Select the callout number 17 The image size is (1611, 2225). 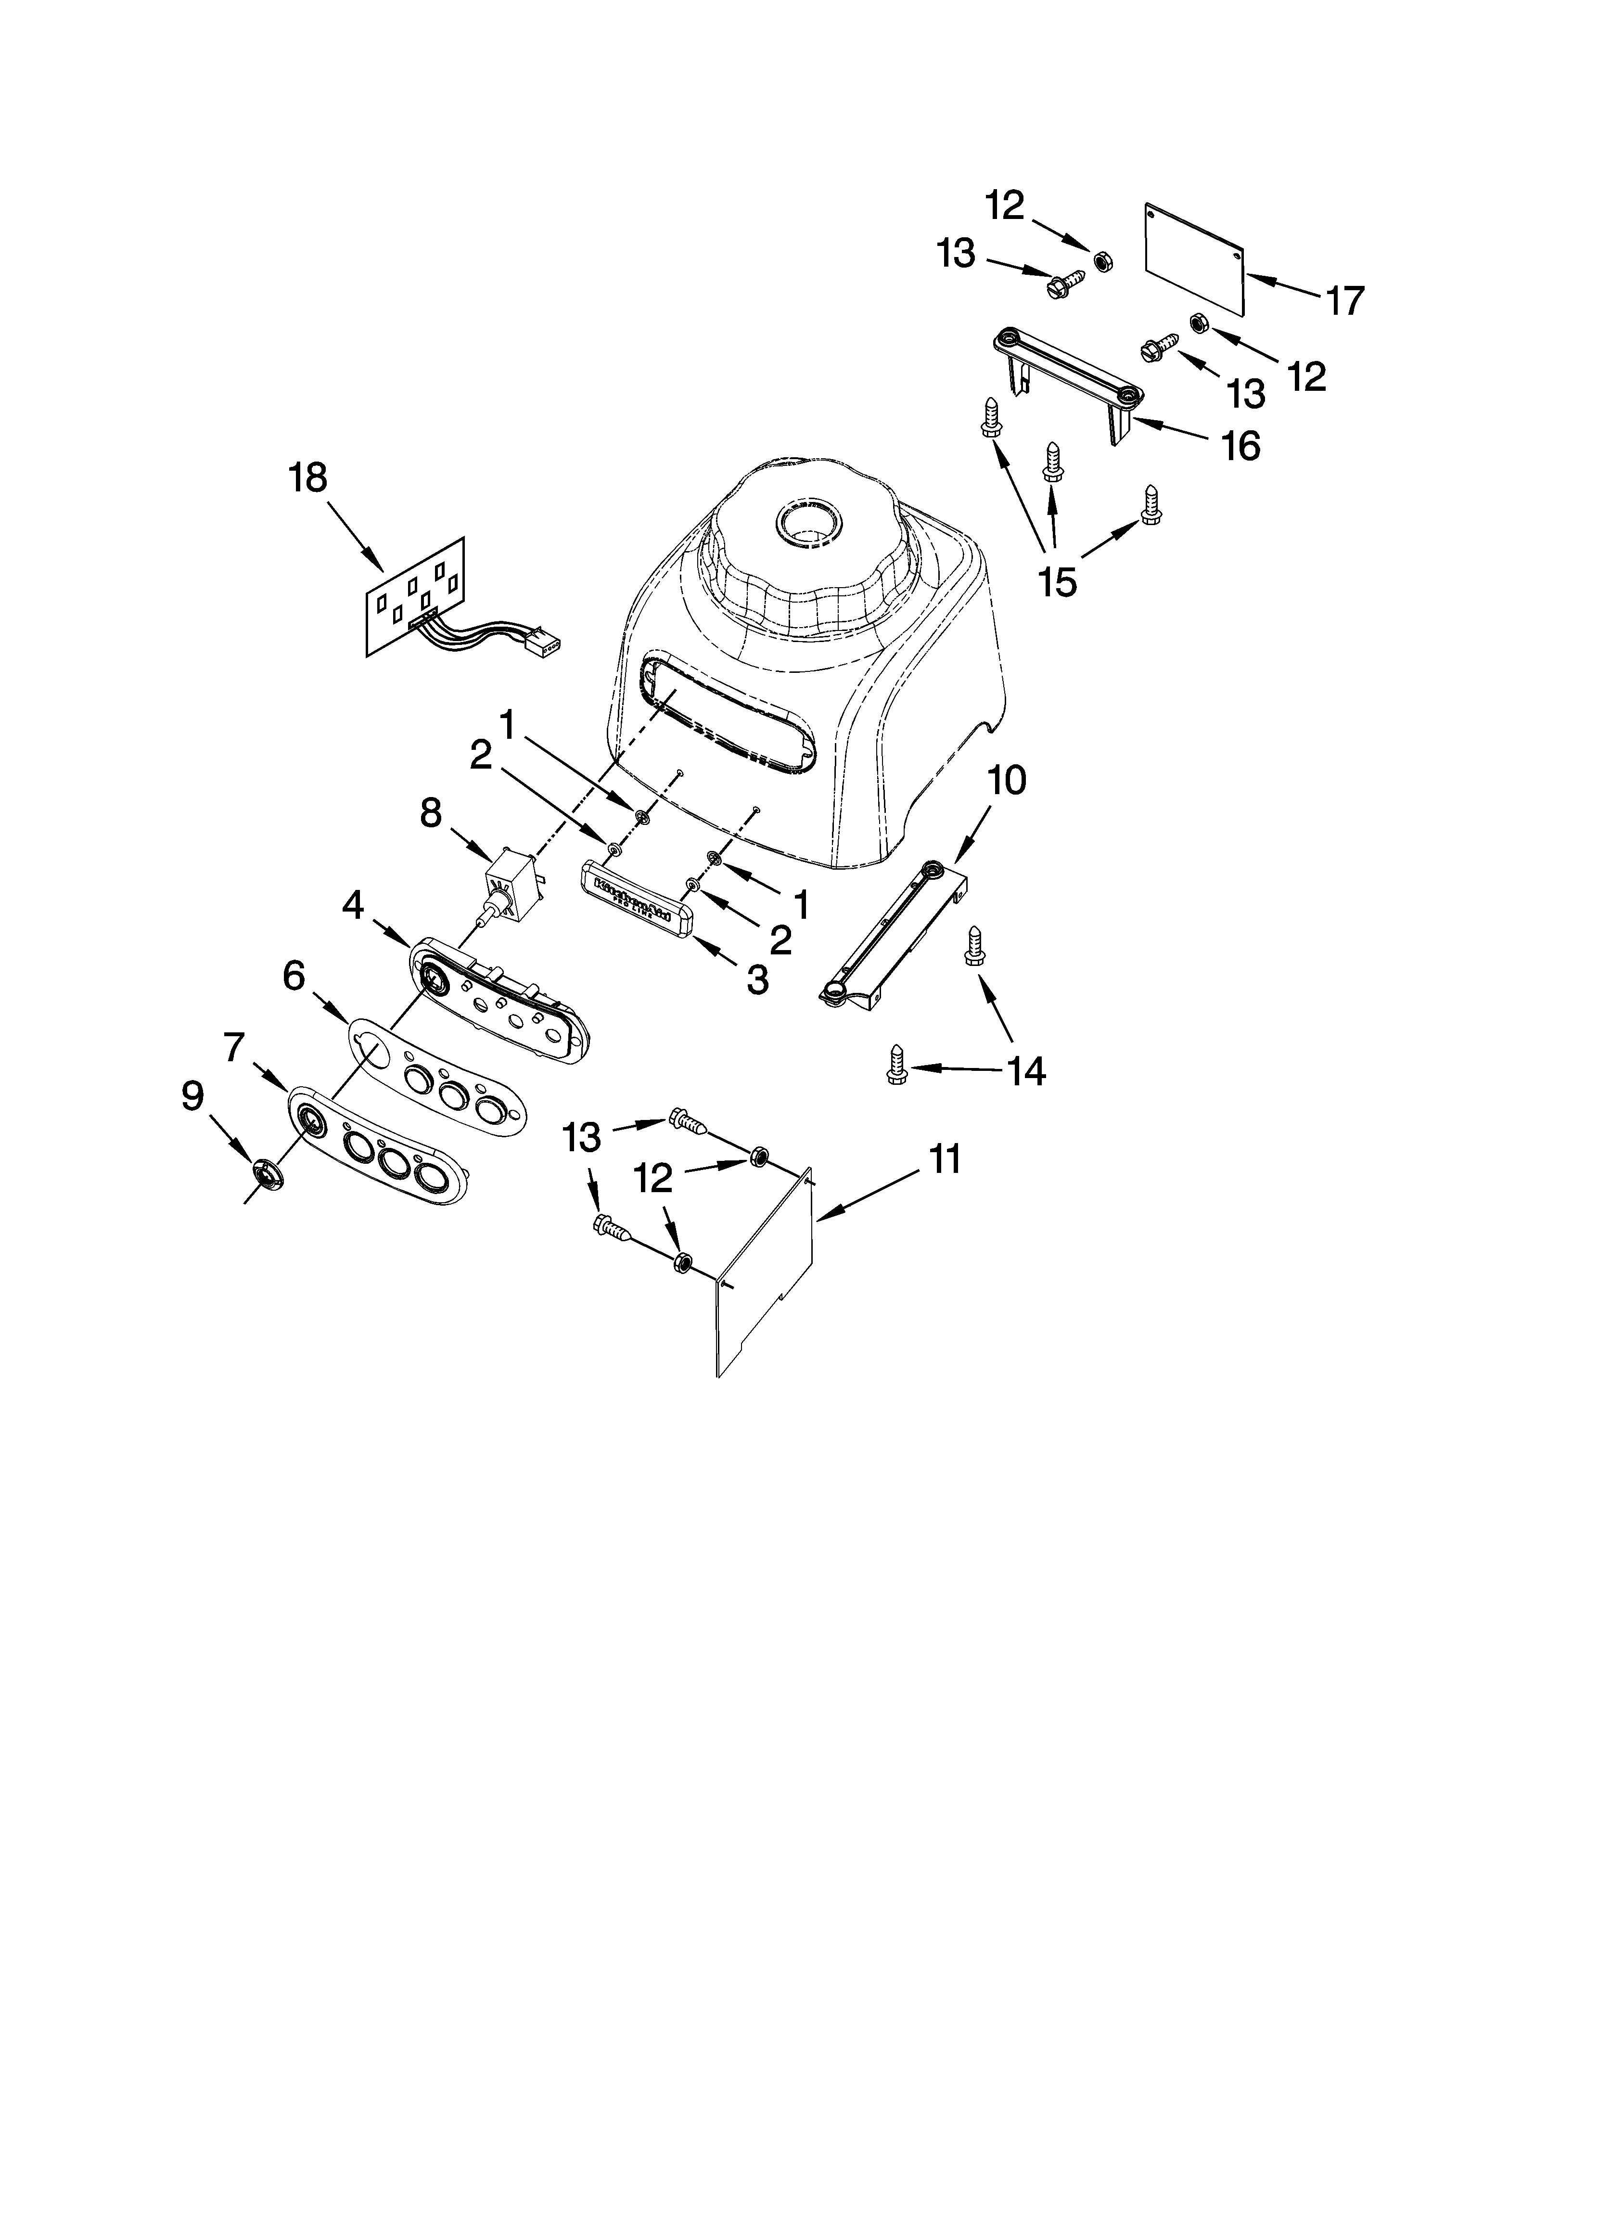coord(1345,300)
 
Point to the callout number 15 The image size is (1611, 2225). coord(1058,581)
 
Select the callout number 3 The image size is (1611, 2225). coord(756,979)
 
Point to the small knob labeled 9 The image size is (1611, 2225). coord(266,1172)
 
